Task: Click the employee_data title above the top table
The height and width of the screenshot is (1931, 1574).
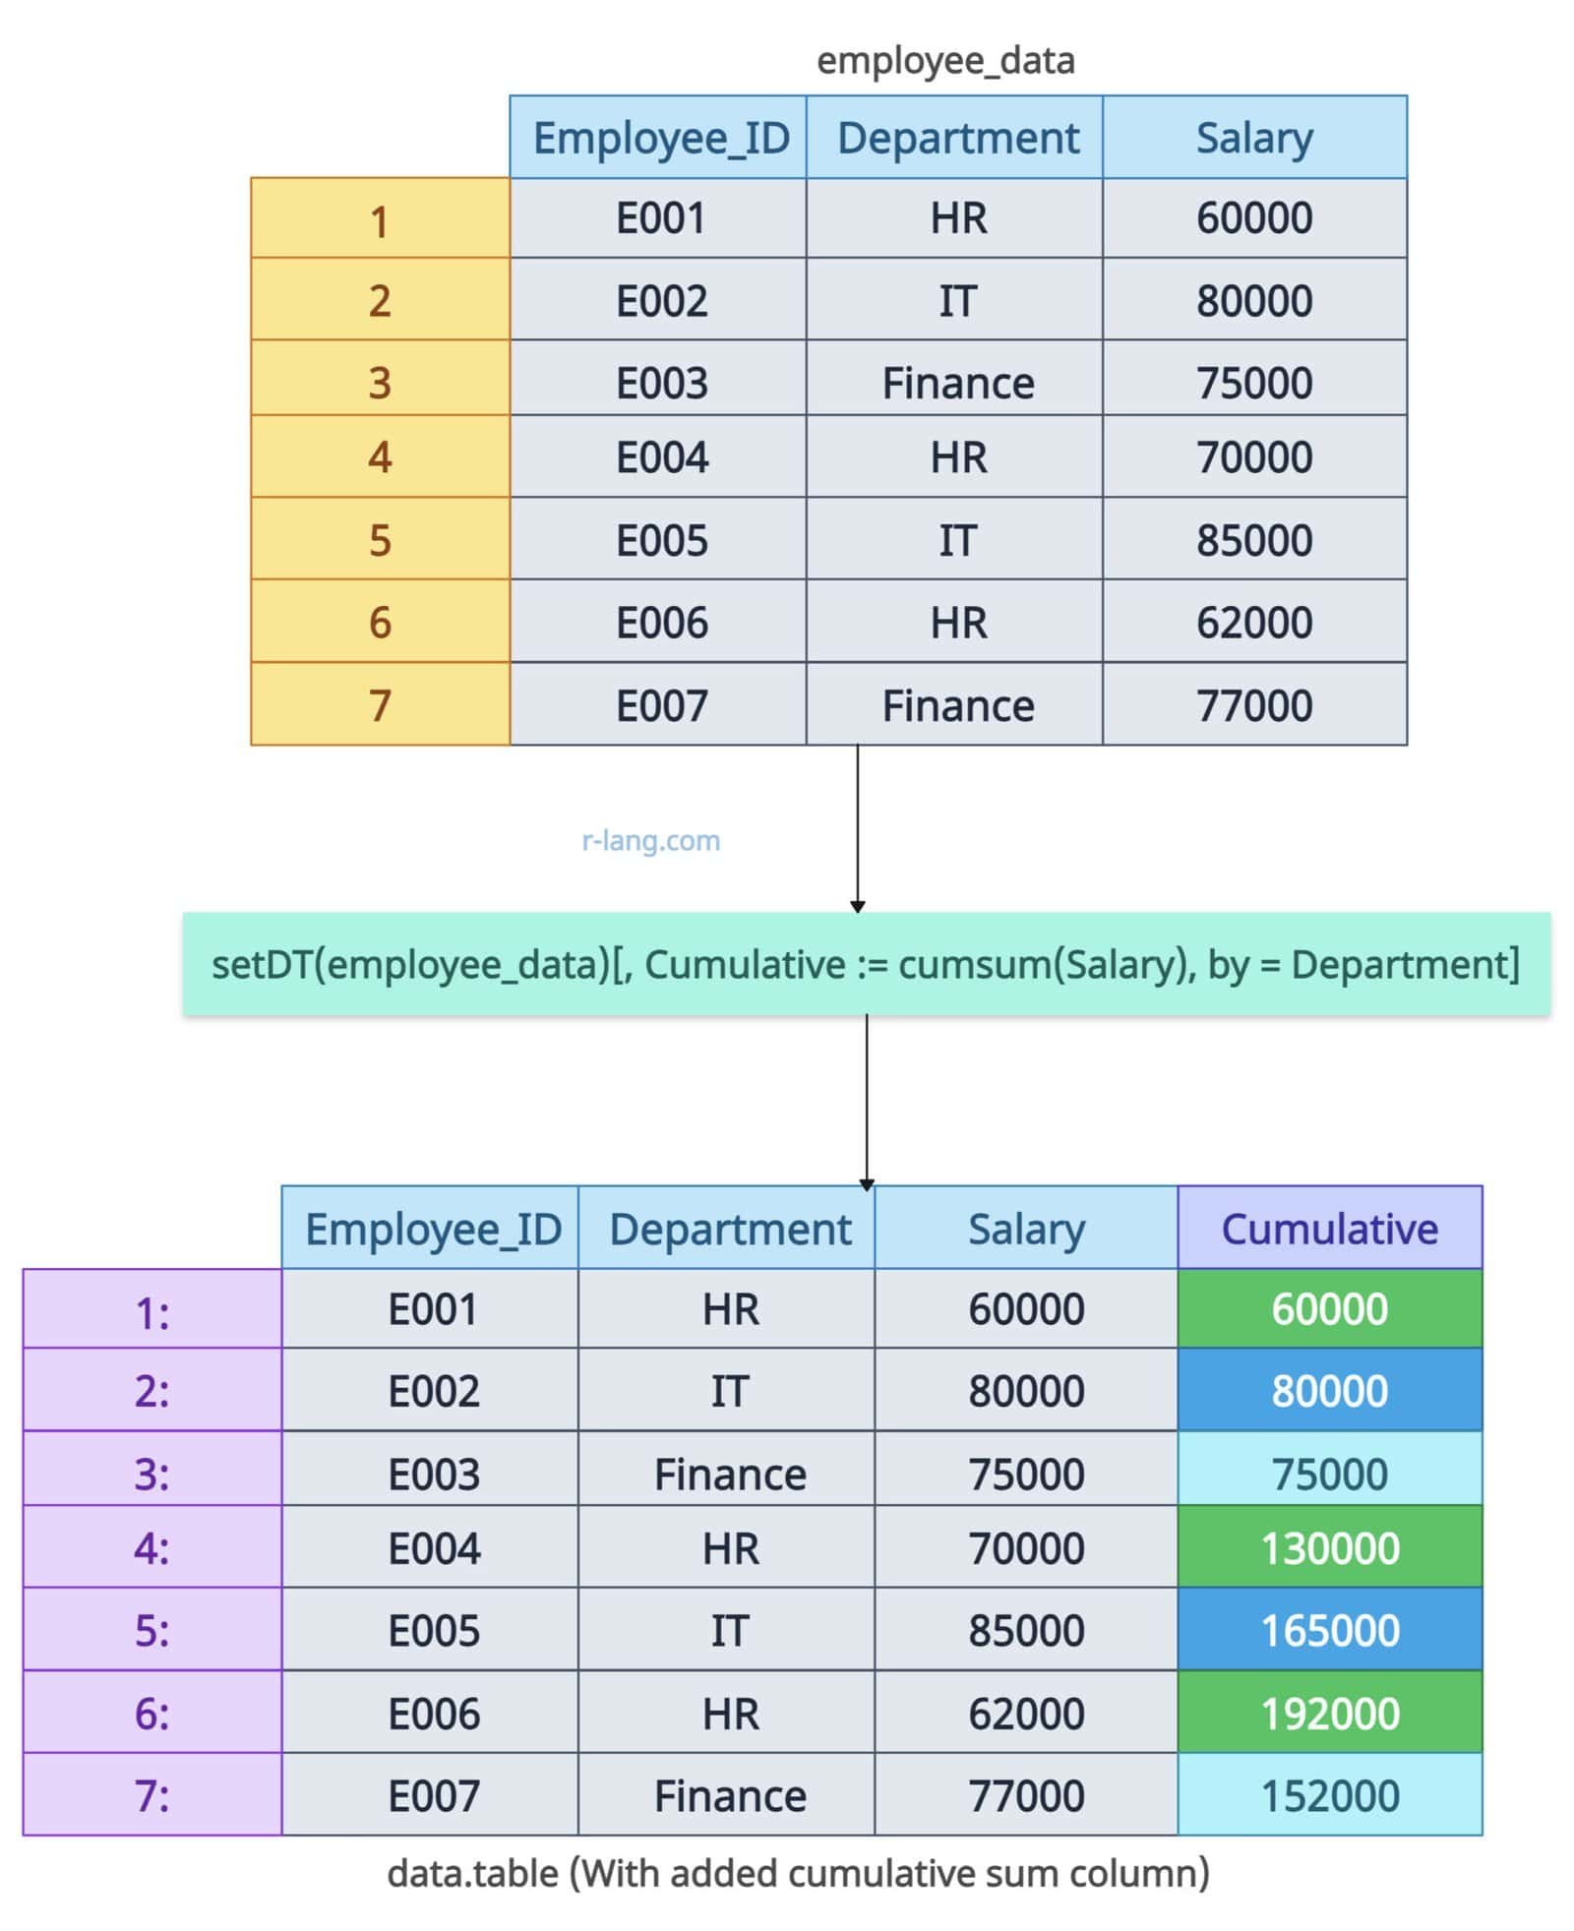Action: pyautogui.click(x=945, y=61)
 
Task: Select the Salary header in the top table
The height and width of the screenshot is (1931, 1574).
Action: pyautogui.click(x=1254, y=137)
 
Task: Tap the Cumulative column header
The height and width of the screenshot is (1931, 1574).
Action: pyautogui.click(x=1329, y=1228)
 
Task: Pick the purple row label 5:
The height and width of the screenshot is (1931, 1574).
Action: pyautogui.click(x=151, y=1629)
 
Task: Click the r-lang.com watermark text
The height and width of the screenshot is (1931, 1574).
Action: pyautogui.click(x=651, y=840)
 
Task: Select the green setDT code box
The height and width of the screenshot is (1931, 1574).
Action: pyautogui.click(x=867, y=964)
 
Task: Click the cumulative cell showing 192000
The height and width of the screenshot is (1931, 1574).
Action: pyautogui.click(x=1329, y=1712)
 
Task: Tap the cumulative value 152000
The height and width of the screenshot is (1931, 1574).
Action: pyautogui.click(x=1329, y=1794)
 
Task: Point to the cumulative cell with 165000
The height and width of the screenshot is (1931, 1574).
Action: pyautogui.click(x=1329, y=1629)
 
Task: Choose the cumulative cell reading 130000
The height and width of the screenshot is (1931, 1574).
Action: pyautogui.click(x=1329, y=1546)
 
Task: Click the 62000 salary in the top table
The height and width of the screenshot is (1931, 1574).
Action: pyautogui.click(x=1254, y=621)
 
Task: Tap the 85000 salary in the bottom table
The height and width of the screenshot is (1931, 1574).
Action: pyautogui.click(x=1026, y=1629)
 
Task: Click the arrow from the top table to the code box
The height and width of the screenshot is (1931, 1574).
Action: pyautogui.click(x=858, y=828)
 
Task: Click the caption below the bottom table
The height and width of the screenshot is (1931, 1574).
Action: pyautogui.click(x=798, y=1873)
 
